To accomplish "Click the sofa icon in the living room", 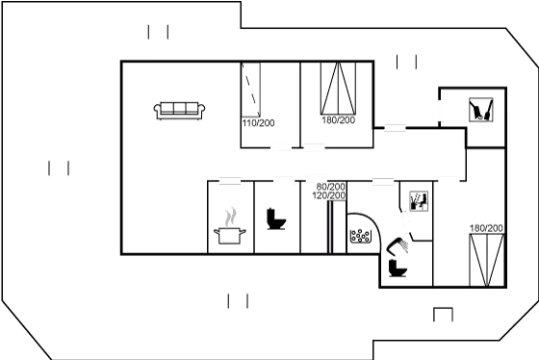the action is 179,109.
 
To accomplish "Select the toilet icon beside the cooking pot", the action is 275,219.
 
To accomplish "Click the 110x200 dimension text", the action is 258,123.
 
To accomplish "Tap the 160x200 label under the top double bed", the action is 338,121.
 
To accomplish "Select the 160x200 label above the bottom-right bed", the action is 485,228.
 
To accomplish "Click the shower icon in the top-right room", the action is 479,111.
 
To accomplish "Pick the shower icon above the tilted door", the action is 417,200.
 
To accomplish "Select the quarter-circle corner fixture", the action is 362,232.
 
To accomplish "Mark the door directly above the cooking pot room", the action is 229,180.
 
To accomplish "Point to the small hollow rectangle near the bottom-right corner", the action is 443,316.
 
